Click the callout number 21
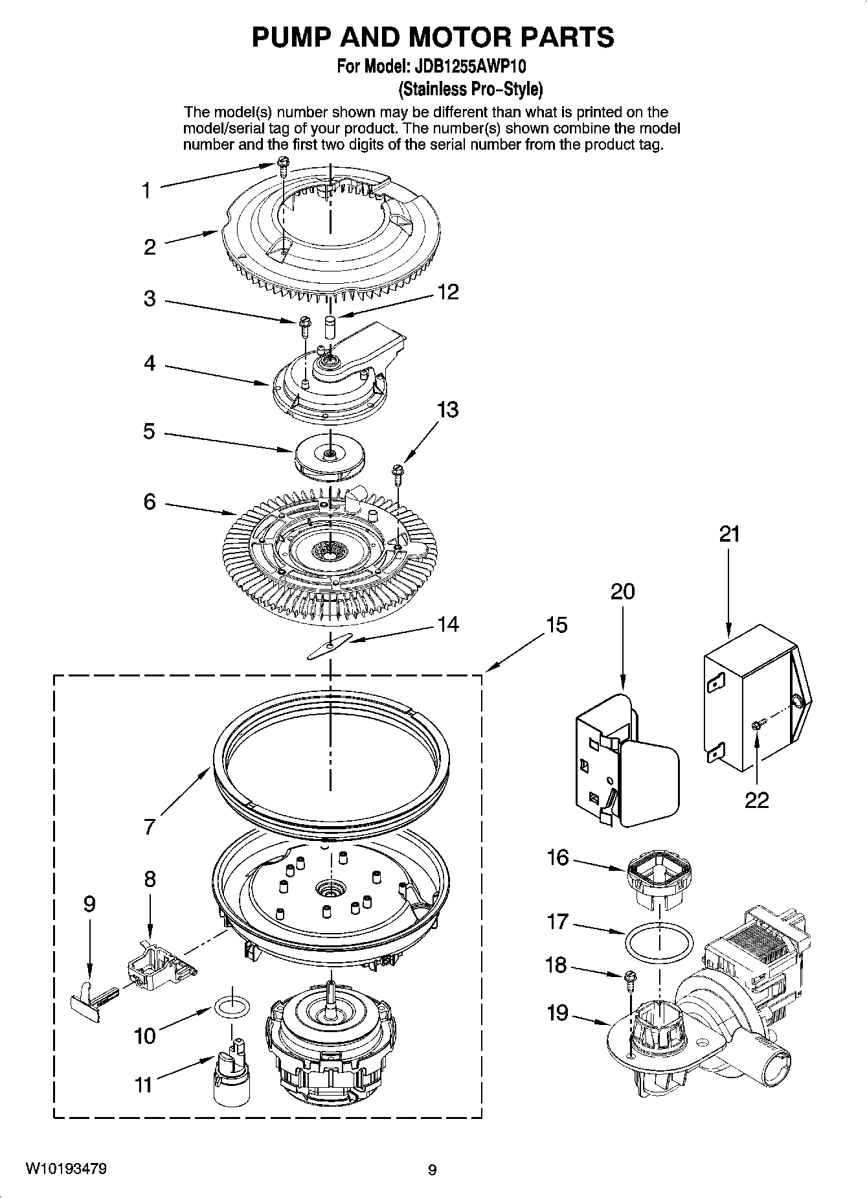click(x=729, y=535)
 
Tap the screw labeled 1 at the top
click(x=283, y=166)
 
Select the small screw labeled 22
click(x=758, y=724)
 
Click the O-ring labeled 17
click(x=659, y=942)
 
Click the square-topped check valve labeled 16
click(x=659, y=878)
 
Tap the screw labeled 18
click(x=629, y=980)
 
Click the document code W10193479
click(x=66, y=1169)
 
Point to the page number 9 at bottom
click(x=433, y=1169)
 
